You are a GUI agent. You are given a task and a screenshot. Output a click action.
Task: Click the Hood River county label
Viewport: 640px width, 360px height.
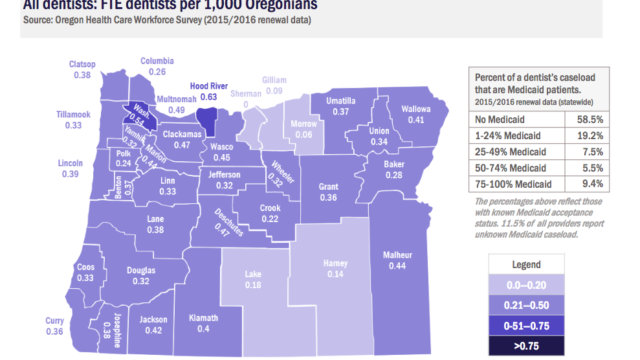(208, 86)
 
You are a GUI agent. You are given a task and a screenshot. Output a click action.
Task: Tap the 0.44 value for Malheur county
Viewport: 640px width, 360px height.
(397, 265)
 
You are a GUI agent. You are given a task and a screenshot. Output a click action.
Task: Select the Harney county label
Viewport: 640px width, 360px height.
(335, 264)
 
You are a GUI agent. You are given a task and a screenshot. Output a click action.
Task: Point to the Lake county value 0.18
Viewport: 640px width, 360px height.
(253, 285)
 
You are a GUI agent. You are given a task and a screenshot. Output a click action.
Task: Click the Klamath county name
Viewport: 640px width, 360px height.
(203, 317)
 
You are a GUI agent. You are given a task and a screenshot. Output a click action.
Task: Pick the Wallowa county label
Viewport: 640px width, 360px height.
(416, 109)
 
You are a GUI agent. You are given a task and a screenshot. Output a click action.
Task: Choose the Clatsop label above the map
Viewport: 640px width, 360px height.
(82, 64)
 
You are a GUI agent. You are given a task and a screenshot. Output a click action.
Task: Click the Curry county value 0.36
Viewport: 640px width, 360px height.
(54, 332)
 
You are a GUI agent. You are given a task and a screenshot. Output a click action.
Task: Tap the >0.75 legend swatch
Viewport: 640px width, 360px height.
(526, 346)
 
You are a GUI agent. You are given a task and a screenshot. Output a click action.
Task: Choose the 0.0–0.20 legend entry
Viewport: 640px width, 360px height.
(526, 285)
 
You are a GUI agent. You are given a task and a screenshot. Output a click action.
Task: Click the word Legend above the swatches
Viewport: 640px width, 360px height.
(526, 264)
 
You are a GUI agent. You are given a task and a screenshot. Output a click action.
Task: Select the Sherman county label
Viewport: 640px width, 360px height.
(247, 94)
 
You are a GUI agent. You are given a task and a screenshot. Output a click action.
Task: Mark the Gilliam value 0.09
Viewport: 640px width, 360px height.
(274, 91)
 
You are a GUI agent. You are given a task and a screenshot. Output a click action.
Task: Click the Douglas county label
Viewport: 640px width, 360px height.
(140, 270)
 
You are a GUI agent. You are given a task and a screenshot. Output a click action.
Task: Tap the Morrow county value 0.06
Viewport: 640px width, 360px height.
(303, 135)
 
